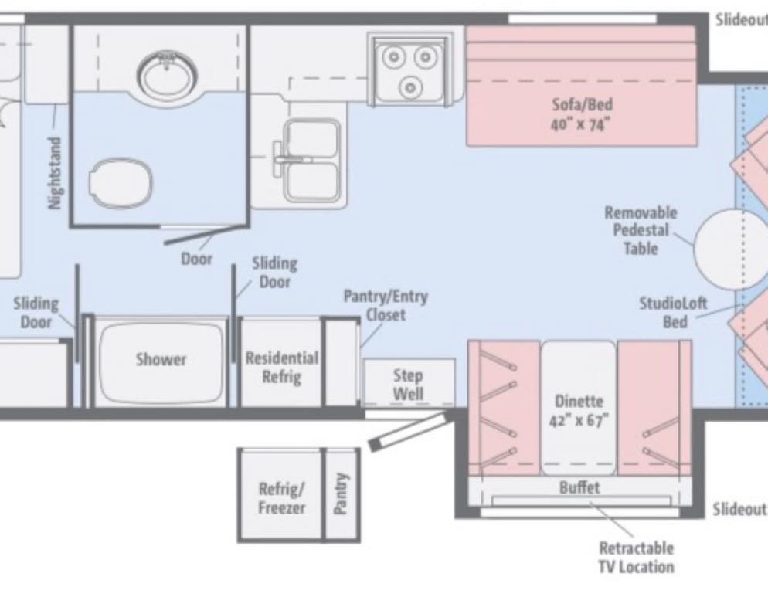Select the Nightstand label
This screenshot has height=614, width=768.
click(56, 173)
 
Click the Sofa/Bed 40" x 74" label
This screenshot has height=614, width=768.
click(581, 114)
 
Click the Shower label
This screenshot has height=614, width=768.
click(161, 359)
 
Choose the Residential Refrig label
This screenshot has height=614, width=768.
click(282, 367)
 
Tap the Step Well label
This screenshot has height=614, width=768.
click(408, 385)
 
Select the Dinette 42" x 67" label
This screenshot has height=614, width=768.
click(579, 410)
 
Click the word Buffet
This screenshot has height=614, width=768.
click(579, 487)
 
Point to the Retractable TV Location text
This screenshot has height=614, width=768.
click(636, 557)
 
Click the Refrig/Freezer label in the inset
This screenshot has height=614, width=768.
click(282, 498)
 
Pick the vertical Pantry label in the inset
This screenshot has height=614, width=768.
click(342, 494)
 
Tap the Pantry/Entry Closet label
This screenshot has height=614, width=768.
click(386, 306)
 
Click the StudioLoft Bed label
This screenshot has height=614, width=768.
click(674, 312)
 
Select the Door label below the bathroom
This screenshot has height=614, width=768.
click(197, 259)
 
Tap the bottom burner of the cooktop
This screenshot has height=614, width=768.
click(410, 88)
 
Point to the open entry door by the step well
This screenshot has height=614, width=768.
click(407, 432)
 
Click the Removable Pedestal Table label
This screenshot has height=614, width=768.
click(641, 231)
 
